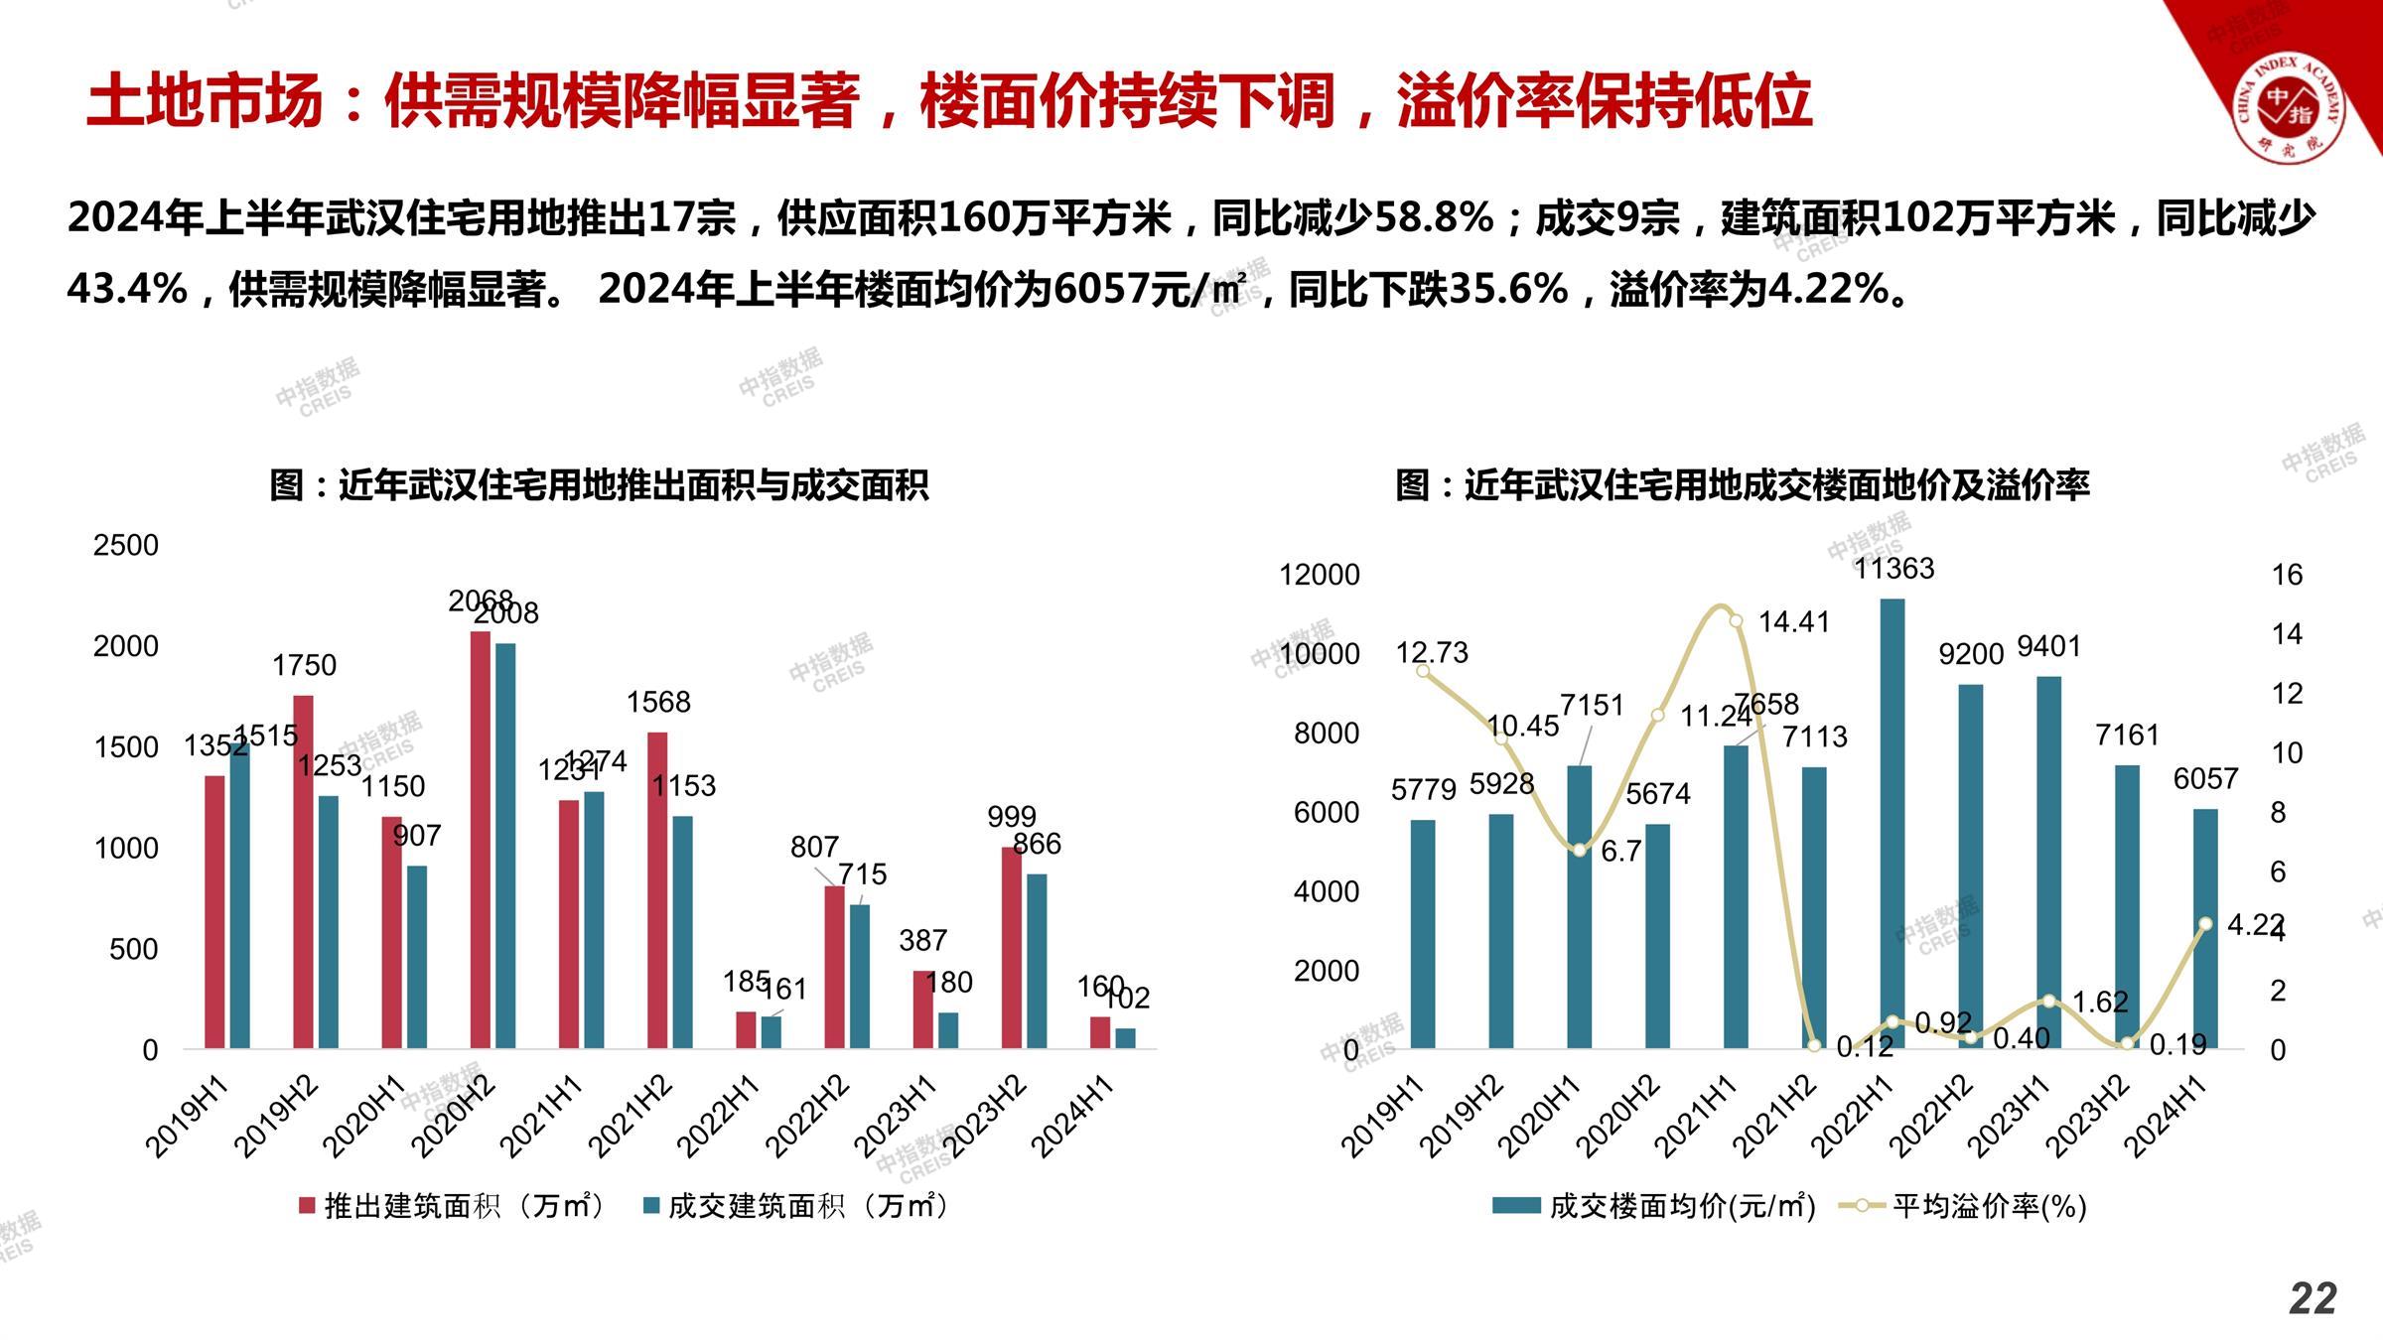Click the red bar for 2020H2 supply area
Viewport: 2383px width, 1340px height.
click(481, 839)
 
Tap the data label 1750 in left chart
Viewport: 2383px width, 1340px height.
click(305, 665)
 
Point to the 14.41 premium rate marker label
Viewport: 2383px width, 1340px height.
click(1793, 622)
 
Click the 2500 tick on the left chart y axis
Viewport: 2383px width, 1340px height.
click(126, 545)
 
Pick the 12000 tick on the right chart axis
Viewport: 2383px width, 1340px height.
click(1320, 575)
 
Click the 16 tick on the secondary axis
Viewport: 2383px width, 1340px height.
click(2287, 575)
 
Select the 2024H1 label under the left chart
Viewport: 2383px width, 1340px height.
click(1072, 1117)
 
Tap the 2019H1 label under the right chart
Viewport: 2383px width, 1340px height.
click(1382, 1117)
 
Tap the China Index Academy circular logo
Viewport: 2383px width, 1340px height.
click(2288, 104)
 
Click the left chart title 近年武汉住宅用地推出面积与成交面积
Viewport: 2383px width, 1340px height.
click(599, 485)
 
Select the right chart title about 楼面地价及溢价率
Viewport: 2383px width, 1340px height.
click(1743, 485)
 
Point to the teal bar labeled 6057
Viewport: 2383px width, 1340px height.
click(2205, 928)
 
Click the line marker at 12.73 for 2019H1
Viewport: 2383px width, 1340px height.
click(1423, 671)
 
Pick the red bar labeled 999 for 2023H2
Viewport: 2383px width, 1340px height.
click(1011, 947)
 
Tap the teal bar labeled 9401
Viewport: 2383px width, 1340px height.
click(2048, 862)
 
